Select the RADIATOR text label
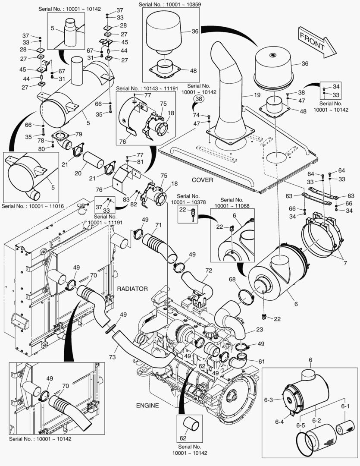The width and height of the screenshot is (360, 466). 132,289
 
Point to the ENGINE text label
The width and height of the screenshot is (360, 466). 147,405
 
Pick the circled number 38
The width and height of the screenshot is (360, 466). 198,99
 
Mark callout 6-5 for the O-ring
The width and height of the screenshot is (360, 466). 301,425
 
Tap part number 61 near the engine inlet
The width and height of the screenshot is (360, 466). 262,361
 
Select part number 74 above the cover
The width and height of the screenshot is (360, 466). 196,115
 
